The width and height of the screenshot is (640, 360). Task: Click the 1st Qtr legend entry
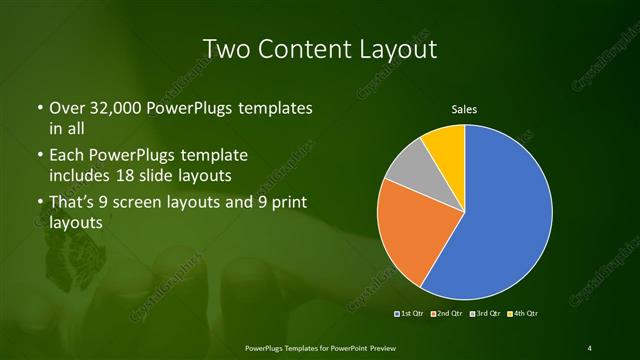point(411,315)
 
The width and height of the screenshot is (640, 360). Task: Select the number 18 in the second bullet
point(148,176)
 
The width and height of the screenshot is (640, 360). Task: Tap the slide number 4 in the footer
point(590,347)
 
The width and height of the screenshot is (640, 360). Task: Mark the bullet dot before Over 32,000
point(38,108)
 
